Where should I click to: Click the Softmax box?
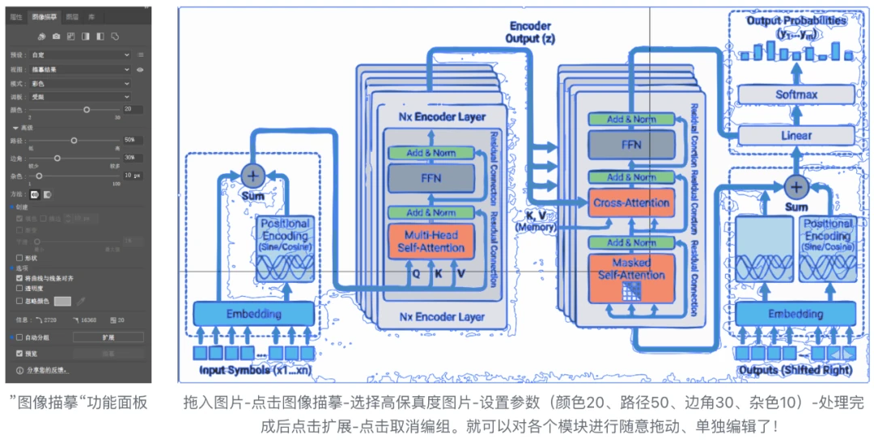(796, 95)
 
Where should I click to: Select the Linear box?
(796, 135)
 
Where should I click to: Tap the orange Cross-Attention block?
(631, 202)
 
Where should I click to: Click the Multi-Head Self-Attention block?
(432, 240)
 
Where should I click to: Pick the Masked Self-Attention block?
(631, 270)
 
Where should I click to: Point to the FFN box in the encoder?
(432, 178)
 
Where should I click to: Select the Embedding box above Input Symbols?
(253, 314)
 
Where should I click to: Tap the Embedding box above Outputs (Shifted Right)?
(796, 314)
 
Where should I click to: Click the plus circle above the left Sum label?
(253, 175)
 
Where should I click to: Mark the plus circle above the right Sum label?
(796, 187)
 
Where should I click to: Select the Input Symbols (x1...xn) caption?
(254, 370)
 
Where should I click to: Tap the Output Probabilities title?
(796, 19)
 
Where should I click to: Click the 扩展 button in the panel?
(108, 336)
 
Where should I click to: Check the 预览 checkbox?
(20, 353)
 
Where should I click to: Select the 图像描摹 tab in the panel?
(44, 16)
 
